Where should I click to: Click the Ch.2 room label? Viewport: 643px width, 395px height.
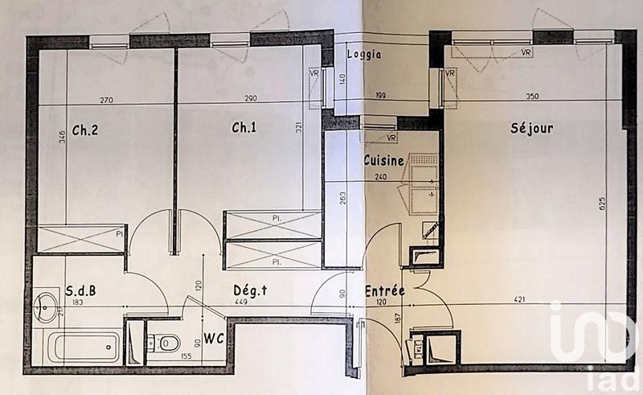click(84, 129)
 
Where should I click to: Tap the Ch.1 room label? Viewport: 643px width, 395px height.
click(244, 128)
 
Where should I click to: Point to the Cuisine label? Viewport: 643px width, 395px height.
click(383, 161)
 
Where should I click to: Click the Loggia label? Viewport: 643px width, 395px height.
click(363, 56)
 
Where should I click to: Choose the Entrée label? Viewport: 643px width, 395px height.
click(384, 290)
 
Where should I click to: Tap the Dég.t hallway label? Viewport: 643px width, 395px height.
click(250, 290)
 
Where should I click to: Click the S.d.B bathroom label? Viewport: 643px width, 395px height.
click(80, 290)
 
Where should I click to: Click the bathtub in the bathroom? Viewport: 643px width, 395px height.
click(83, 347)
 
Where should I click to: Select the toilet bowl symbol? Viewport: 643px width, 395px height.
click(164, 344)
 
